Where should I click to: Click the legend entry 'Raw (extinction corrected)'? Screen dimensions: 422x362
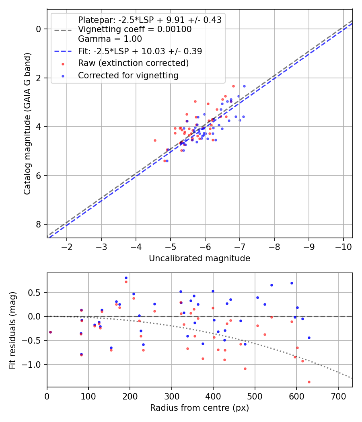pyautogui.click(x=133, y=63)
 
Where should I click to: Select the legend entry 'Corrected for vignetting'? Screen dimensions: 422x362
pyautogui.click(x=128, y=75)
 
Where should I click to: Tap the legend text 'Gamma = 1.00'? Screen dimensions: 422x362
pyautogui.click(x=110, y=39)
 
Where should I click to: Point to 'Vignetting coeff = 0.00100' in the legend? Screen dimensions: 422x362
pyautogui.click(x=135, y=29)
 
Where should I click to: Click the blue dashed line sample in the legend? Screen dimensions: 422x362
pyautogui.click(x=63, y=51)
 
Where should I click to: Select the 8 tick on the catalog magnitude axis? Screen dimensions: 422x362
pyautogui.click(x=39, y=224)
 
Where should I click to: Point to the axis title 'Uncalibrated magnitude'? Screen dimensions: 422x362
pyautogui.click(x=200, y=258)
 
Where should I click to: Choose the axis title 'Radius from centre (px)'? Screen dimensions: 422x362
pyautogui.click(x=200, y=408)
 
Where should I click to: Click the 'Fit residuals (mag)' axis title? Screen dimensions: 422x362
pyautogui.click(x=12, y=330)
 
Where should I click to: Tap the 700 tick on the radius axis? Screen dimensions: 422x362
pyautogui.click(x=338, y=395)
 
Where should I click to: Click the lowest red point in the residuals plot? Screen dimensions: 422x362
pyautogui.click(x=309, y=382)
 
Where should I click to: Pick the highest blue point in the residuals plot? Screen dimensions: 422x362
pyautogui.click(x=126, y=278)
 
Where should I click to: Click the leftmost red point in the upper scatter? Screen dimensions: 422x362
pyautogui.click(x=155, y=140)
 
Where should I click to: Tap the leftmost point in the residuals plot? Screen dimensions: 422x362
pyautogui.click(x=50, y=332)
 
